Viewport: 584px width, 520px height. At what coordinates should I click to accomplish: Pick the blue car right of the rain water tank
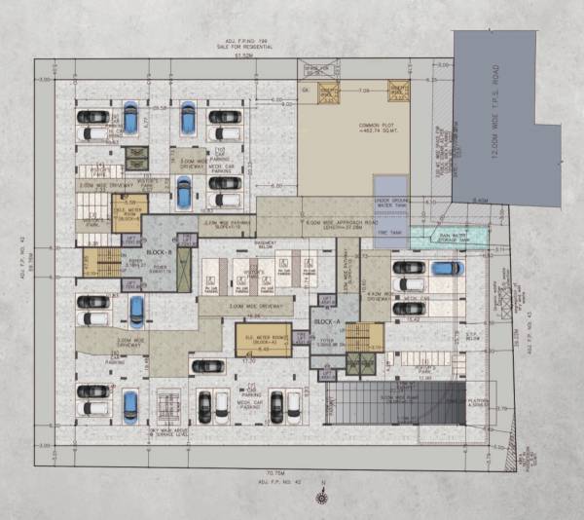click(x=447, y=268)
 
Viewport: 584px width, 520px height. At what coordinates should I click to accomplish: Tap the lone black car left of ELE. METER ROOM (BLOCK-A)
click(x=208, y=366)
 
